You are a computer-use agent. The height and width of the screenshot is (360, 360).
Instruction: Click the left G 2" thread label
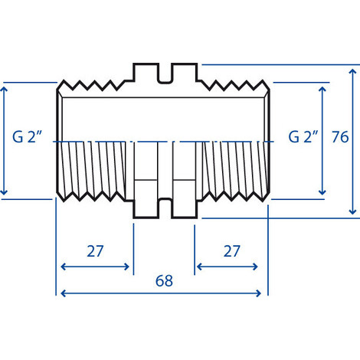tap(27, 138)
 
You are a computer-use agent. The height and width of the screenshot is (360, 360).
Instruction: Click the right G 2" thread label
tap(303, 137)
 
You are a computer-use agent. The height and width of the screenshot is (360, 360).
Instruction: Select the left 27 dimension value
tap(95, 251)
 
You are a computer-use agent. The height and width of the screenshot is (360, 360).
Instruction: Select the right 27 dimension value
tap(232, 251)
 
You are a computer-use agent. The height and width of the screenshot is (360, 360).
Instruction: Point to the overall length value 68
tap(163, 281)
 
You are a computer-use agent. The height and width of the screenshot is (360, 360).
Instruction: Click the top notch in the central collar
tap(165, 74)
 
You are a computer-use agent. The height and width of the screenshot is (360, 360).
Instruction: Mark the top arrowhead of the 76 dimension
tap(352, 70)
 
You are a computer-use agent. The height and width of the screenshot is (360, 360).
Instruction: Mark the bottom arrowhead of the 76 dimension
tap(352, 212)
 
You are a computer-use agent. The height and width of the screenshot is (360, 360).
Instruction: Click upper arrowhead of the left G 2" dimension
tap(5, 89)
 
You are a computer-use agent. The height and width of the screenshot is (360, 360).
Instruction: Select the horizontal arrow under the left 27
tap(95, 267)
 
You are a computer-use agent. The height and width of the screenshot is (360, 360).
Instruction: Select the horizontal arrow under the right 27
tap(227, 267)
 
